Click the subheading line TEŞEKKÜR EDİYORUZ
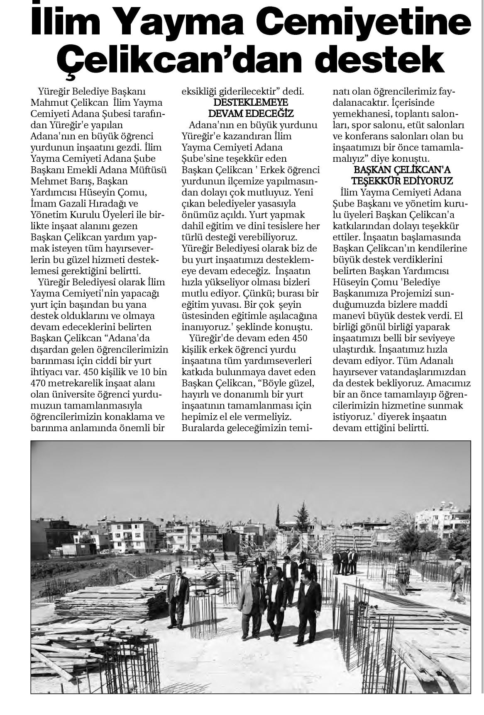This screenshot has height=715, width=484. pos(402,181)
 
